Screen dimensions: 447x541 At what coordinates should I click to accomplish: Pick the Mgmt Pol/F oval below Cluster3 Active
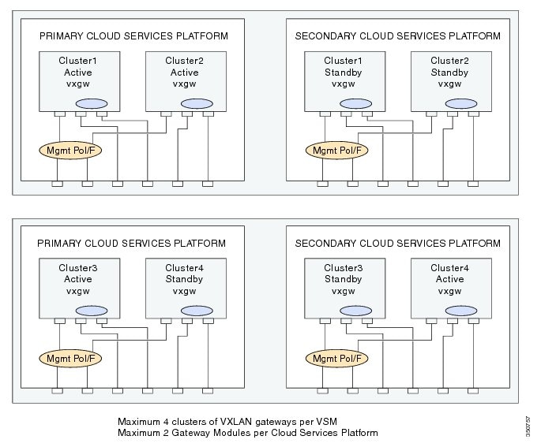[x=66, y=357]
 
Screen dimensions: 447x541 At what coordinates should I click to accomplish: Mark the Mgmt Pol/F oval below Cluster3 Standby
[x=335, y=357]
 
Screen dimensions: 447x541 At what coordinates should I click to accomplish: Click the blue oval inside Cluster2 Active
[x=197, y=104]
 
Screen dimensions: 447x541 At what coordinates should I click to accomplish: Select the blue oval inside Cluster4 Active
[x=462, y=310]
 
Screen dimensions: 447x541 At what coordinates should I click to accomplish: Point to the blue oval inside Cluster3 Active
[x=91, y=310]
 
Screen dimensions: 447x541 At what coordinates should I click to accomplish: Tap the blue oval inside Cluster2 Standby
[x=462, y=104]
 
